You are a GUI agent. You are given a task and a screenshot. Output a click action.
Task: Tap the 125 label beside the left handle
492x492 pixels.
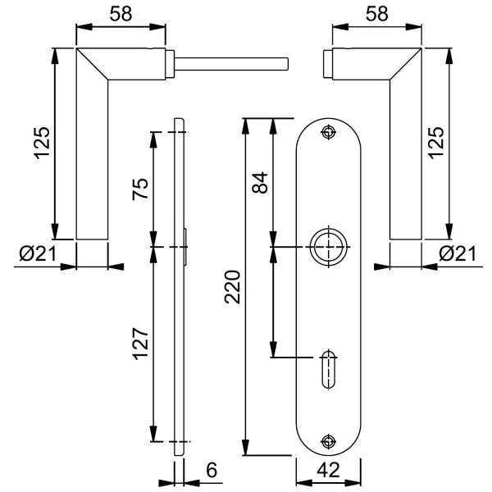tap(41, 142)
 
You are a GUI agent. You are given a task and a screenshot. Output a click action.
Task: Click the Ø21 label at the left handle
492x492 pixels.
tap(35, 254)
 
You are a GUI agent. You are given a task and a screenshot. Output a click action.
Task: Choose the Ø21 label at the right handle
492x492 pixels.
tap(458, 254)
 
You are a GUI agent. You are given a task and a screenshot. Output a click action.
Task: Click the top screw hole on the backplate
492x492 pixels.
tap(330, 132)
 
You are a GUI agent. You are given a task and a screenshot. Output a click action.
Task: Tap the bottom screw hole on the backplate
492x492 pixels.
tap(330, 441)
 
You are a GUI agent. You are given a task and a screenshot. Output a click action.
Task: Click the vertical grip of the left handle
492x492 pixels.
tap(92, 164)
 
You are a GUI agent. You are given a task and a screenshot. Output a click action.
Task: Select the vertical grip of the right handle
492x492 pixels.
tap(405, 164)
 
